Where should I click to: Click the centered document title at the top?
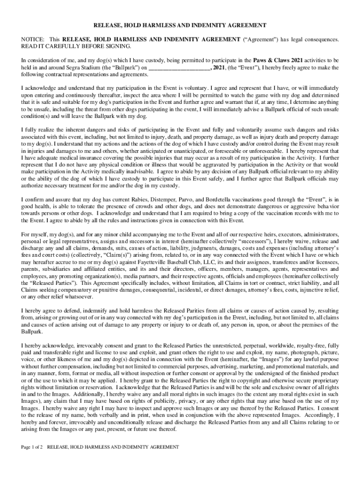click(180, 25)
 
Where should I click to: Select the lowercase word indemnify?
click(76, 311)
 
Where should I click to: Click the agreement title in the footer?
click(113, 447)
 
